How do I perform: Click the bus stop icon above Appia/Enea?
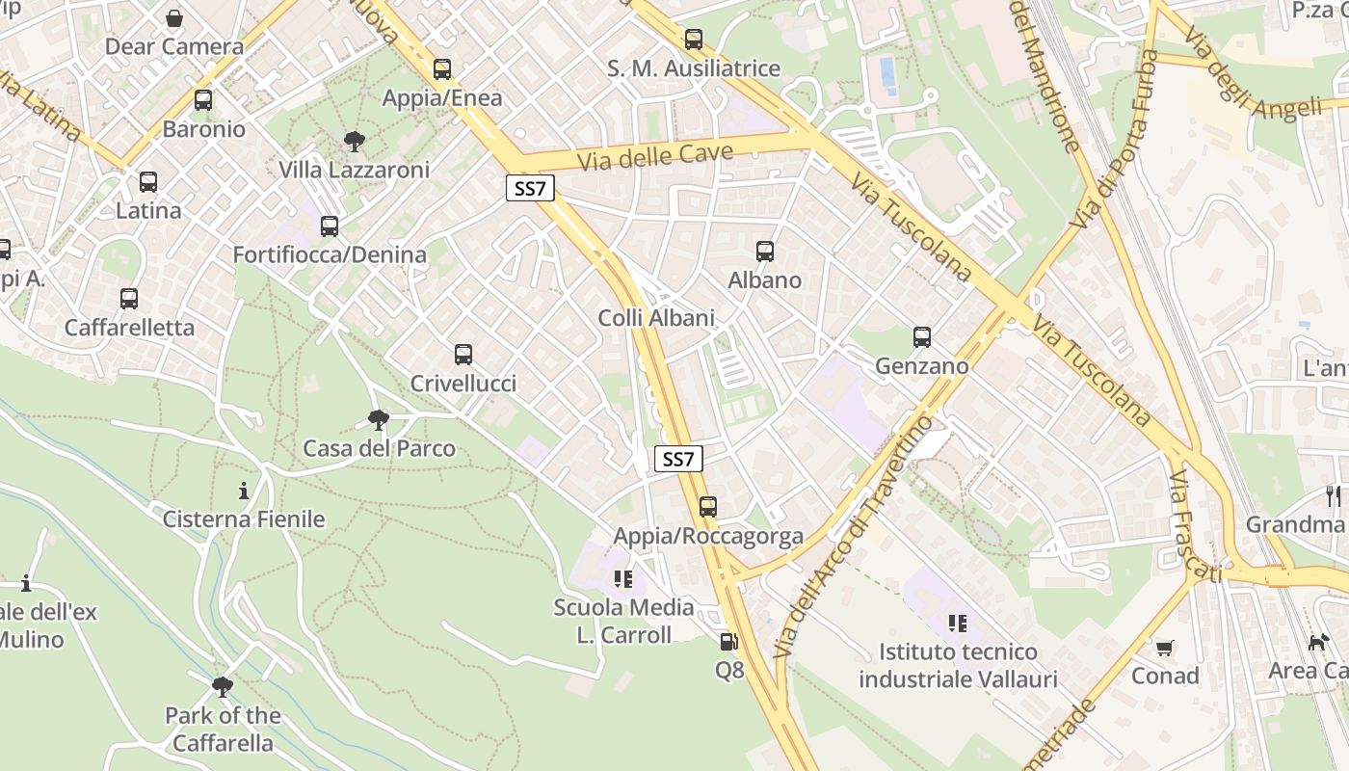442,69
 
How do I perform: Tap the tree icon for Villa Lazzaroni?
355,142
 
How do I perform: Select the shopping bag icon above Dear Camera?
174,18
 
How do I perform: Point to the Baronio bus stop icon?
203,100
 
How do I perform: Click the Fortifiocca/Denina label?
330,254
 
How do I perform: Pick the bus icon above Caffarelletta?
129,299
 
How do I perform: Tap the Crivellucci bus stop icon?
463,355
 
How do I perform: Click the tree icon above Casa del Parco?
379,420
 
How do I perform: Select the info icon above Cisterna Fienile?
244,491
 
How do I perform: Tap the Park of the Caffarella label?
223,730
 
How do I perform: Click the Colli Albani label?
656,318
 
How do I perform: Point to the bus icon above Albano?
765,252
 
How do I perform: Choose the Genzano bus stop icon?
922,337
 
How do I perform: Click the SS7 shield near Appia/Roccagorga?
678,460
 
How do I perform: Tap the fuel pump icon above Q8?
729,641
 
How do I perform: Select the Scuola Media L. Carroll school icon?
623,579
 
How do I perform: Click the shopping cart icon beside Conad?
1165,648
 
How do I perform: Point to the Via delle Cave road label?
655,156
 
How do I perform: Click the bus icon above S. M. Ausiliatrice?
694,40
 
